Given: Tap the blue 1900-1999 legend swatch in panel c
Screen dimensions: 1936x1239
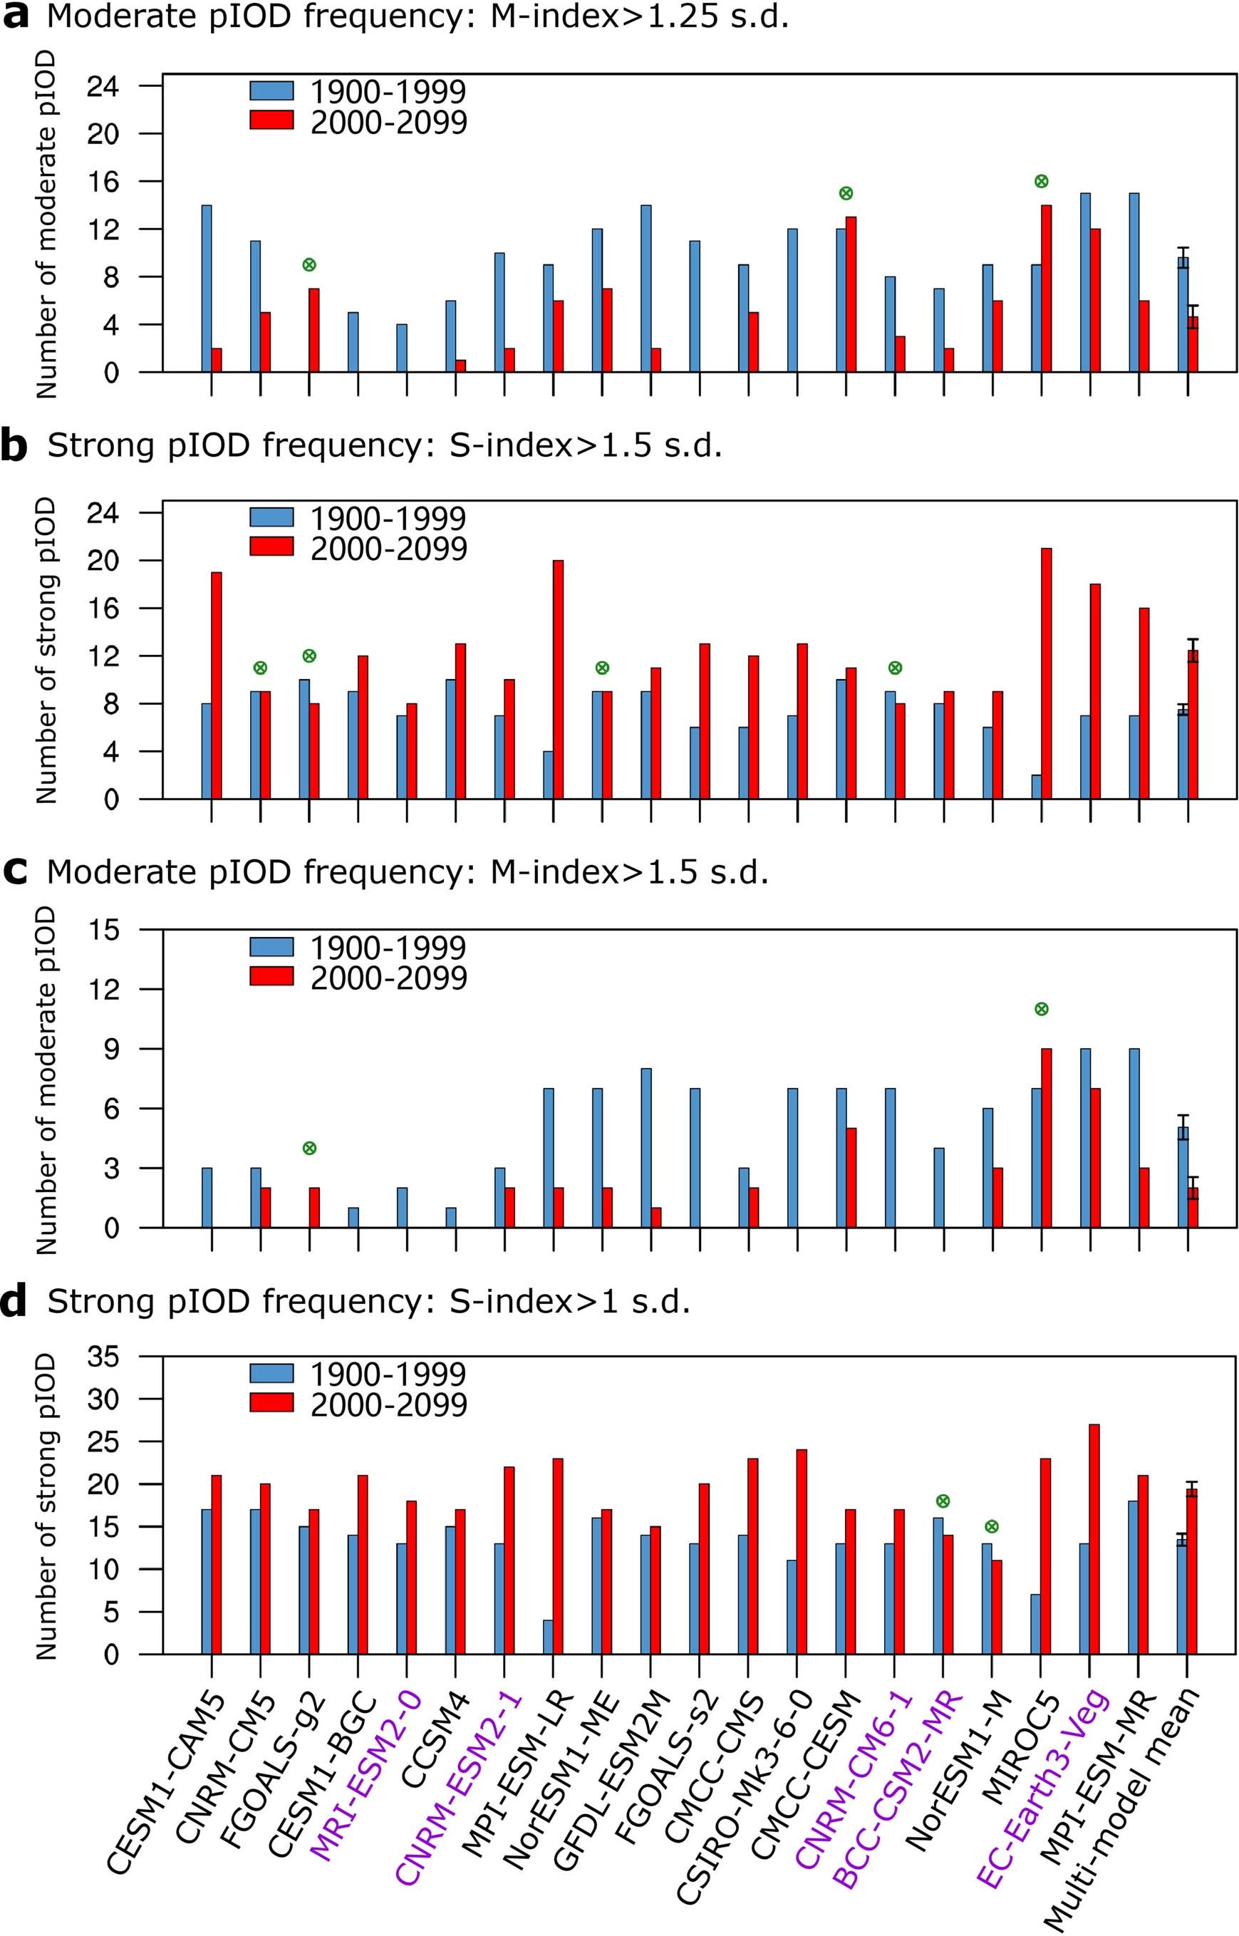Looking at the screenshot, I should click(x=272, y=946).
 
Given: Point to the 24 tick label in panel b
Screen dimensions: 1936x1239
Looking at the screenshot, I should click(x=102, y=513).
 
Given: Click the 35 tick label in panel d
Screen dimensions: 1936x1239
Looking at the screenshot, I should click(x=102, y=1357).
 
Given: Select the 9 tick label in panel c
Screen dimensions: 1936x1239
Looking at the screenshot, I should click(x=112, y=1050).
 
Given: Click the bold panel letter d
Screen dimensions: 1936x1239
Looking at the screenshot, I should click(x=14, y=1302).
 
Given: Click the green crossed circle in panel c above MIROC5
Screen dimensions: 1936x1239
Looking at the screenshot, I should click(x=1041, y=1009).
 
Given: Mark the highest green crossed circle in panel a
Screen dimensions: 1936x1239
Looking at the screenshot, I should click(x=1041, y=181).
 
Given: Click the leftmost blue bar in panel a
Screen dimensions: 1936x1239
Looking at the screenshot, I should click(x=207, y=288).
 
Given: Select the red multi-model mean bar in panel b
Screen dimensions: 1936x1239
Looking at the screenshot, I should click(x=1193, y=724).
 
